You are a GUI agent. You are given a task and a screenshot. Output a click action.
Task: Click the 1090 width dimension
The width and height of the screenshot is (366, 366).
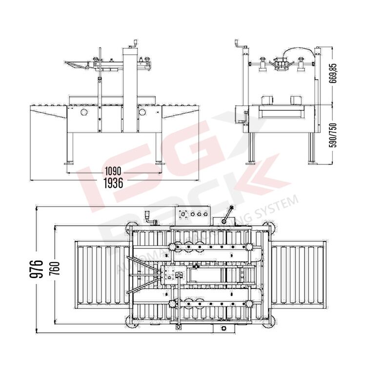click(113, 172)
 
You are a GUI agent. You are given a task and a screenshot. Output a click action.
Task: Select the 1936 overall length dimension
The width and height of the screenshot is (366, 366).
click(113, 183)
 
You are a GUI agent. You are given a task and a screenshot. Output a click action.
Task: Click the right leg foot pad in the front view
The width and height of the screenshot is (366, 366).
click(159, 162)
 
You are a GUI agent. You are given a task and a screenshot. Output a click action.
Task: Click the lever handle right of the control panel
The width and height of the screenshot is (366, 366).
click(227, 214)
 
